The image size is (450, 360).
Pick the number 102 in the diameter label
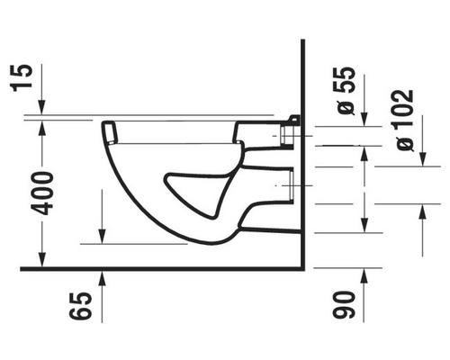click(x=404, y=107)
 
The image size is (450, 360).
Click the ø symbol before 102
click(x=404, y=141)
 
